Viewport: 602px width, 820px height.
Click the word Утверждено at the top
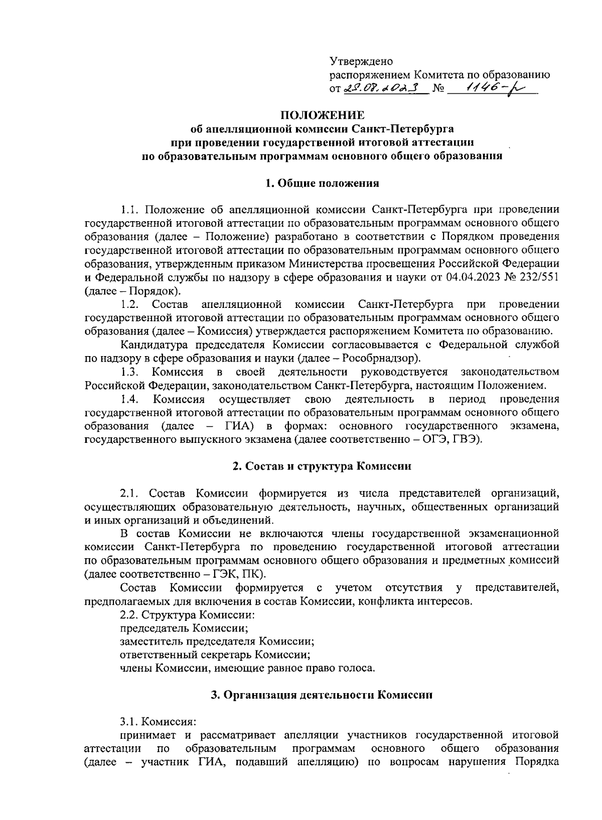point(361,61)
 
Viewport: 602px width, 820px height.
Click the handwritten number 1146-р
point(494,88)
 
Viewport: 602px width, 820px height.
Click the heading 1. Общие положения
point(322,183)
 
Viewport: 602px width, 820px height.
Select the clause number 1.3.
point(129,372)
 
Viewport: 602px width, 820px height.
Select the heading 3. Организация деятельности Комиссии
point(322,695)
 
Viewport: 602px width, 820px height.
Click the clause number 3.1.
point(129,722)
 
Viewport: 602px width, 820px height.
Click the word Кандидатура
point(150,345)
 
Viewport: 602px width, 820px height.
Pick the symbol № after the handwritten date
point(439,89)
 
